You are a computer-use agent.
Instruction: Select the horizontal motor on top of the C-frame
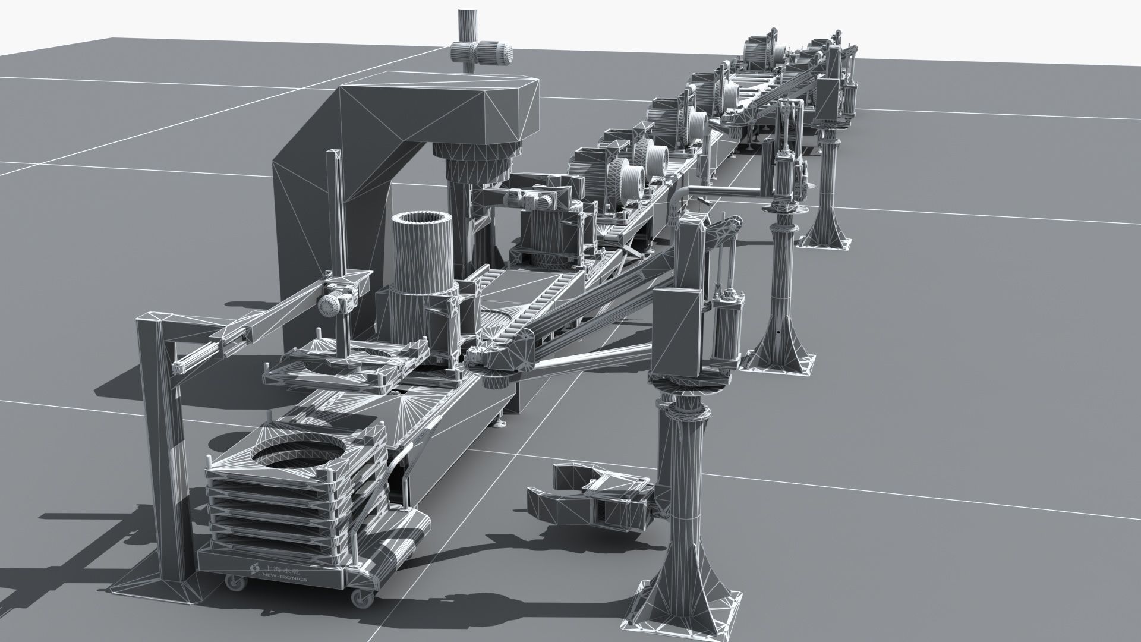[x=481, y=53]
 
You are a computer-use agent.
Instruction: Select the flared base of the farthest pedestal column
[x=826, y=232]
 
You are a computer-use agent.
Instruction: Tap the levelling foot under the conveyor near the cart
[x=501, y=423]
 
